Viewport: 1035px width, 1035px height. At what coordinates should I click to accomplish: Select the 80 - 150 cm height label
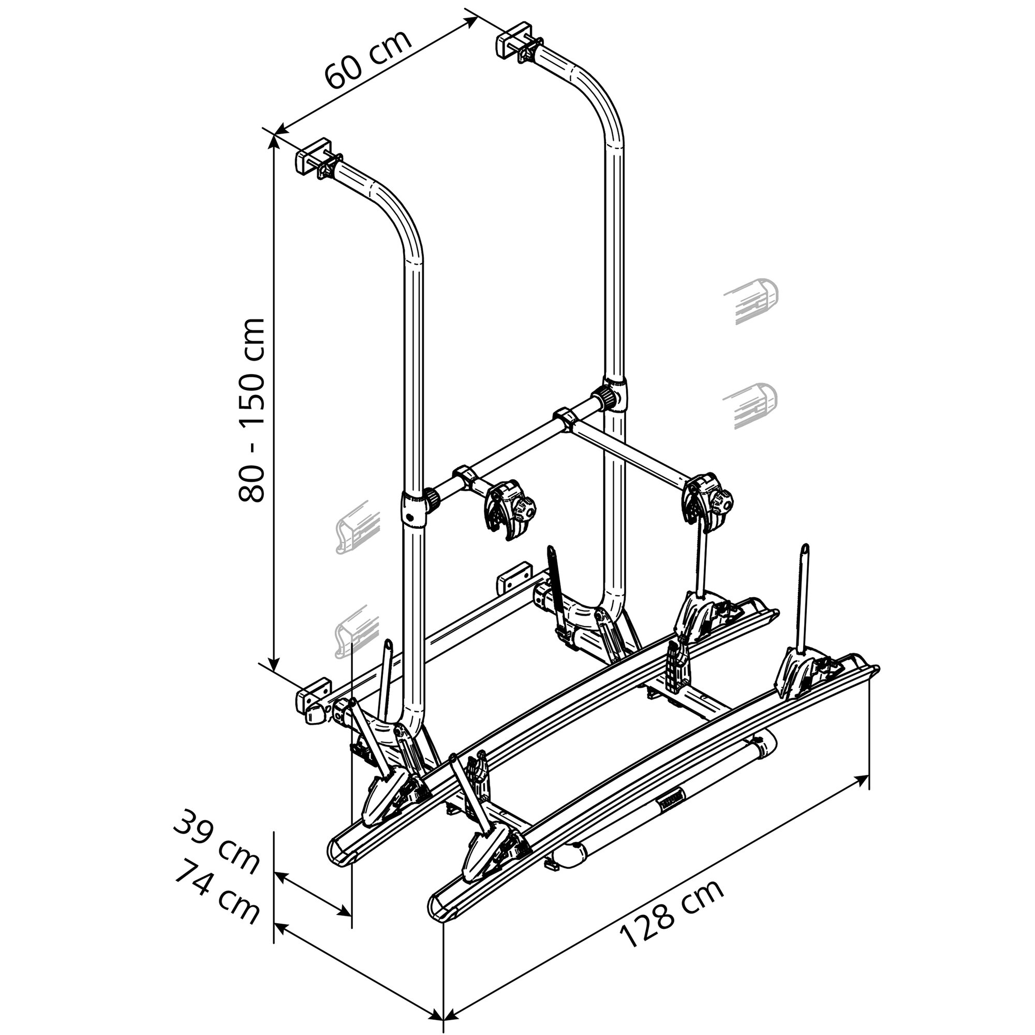coord(250,410)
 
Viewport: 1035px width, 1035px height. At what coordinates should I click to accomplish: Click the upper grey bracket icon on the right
coord(752,300)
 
